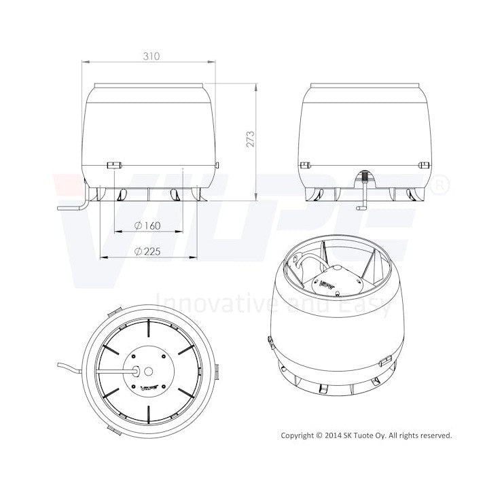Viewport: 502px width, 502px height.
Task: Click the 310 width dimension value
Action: click(151, 57)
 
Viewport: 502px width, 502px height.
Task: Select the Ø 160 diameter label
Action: click(147, 225)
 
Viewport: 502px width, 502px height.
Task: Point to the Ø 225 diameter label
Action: click(147, 251)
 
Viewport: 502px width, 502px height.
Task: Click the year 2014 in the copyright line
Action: click(336, 435)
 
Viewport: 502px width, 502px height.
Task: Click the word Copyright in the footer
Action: click(298, 435)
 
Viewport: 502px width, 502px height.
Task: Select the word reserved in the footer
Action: click(434, 435)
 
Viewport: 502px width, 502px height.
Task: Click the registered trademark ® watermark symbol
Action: click(440, 183)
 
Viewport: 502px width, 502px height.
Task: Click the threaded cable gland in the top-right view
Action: click(365, 177)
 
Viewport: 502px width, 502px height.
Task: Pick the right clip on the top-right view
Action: click(424, 164)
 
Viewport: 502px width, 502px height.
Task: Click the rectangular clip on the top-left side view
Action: click(113, 164)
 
